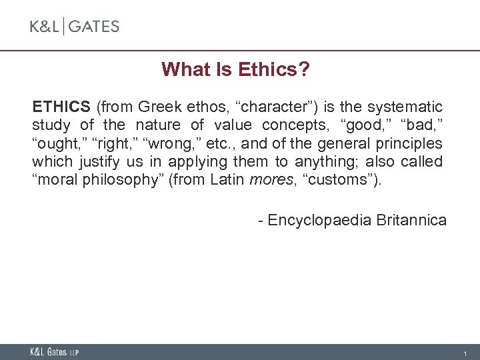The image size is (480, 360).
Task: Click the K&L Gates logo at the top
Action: pyautogui.click(x=74, y=27)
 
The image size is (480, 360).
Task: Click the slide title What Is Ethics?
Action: pyautogui.click(x=237, y=69)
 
